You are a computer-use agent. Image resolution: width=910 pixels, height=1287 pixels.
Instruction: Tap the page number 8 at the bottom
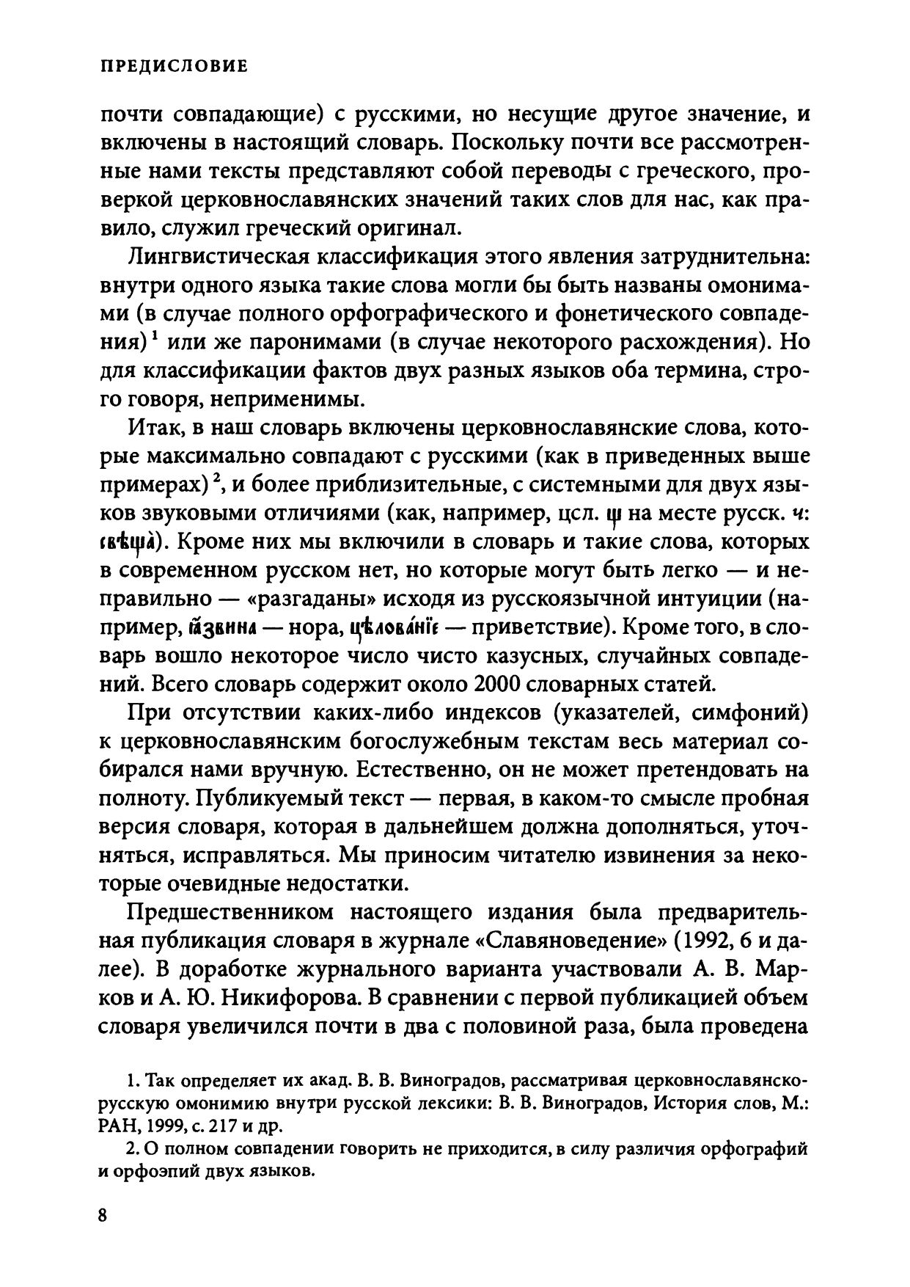[x=103, y=1214]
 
